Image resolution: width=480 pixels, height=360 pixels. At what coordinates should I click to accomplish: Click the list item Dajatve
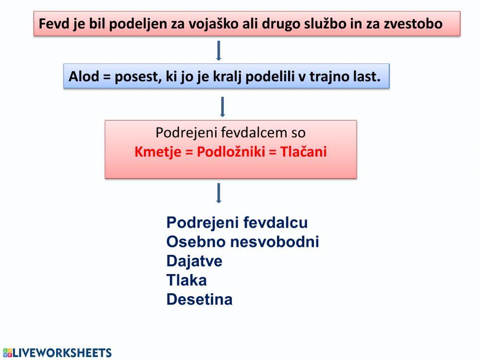coord(194,261)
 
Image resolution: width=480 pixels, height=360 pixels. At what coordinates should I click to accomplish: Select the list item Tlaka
coord(186,280)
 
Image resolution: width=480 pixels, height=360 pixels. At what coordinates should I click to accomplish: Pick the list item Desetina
coord(199,300)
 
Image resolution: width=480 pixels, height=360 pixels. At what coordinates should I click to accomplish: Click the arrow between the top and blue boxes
coord(218,50)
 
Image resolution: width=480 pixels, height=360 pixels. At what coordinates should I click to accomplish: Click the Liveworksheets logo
coord(57,353)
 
